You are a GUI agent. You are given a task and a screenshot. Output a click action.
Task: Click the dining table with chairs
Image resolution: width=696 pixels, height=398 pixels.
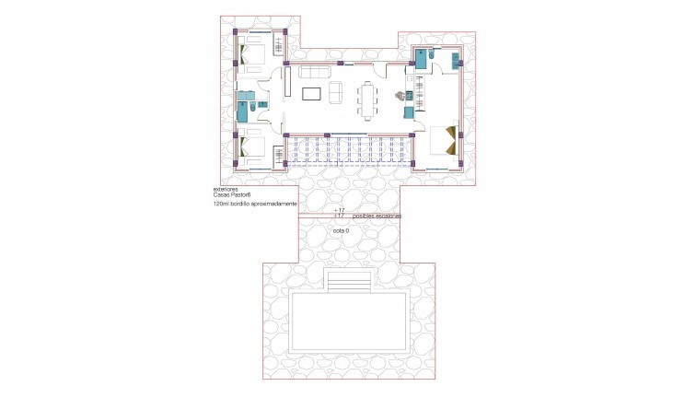point(369,100)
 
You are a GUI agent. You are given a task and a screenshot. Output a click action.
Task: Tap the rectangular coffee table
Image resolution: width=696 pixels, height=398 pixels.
point(311,92)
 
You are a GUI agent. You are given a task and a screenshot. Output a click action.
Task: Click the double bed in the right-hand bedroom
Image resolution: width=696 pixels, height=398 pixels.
point(441,139)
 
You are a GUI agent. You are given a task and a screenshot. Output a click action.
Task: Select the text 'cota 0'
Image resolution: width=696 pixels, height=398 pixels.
point(342,230)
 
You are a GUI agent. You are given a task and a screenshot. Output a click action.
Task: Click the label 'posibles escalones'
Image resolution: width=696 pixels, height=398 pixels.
point(377,216)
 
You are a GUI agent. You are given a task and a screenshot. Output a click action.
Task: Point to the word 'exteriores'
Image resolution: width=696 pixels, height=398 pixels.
point(225,190)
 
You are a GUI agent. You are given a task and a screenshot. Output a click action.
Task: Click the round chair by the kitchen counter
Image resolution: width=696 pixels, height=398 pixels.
point(400,94)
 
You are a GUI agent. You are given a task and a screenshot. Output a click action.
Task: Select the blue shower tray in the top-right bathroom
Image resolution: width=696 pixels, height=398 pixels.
point(423,60)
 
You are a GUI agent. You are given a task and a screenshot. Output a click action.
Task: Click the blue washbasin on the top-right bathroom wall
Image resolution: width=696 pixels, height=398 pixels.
point(455,62)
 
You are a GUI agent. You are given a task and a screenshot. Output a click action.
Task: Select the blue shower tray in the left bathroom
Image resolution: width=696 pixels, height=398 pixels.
point(242,112)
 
